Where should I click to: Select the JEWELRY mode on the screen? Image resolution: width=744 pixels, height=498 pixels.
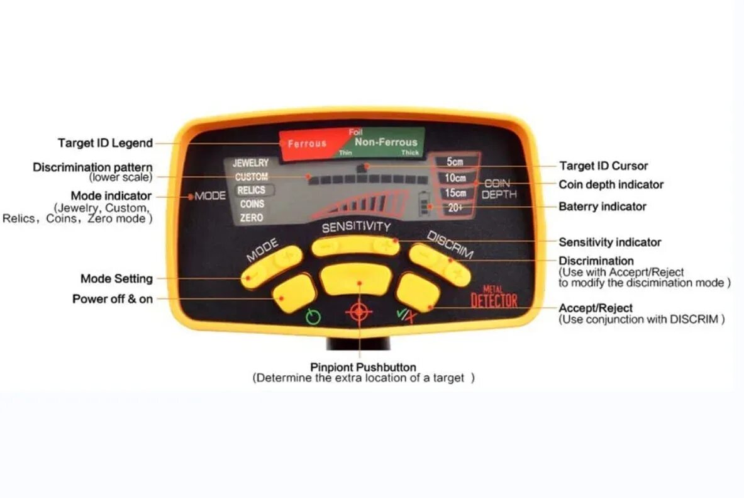250,163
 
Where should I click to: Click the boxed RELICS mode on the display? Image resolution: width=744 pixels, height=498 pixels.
251,190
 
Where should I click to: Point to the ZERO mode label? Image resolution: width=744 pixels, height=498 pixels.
251,218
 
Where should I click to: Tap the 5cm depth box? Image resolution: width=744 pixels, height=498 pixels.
455,162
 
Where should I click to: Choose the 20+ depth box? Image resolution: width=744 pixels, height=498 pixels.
455,208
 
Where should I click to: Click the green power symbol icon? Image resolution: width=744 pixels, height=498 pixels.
313,317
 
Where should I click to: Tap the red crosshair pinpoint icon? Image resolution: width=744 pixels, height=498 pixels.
358,312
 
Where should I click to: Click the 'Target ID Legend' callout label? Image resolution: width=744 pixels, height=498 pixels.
105,143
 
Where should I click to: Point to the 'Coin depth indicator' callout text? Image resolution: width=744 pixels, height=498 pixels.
611,184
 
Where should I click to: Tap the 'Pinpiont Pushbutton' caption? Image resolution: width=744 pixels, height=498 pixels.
363,367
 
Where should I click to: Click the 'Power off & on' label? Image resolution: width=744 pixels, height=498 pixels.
113,299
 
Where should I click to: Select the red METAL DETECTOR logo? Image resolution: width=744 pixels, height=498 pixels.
494,297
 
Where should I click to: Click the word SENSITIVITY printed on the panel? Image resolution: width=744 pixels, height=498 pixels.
356,227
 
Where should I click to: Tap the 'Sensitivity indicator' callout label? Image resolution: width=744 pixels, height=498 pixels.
609,242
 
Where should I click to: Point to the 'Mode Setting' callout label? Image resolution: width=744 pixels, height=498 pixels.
116,278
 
